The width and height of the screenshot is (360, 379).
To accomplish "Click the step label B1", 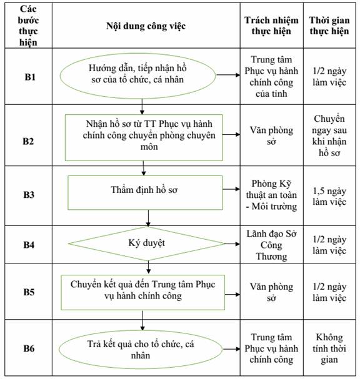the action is point(30,77).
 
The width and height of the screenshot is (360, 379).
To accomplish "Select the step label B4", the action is point(29,245).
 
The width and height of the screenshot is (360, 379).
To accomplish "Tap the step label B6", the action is point(29,348).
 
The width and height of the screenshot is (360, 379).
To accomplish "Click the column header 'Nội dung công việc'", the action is point(146,26).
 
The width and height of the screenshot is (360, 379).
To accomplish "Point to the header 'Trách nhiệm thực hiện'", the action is point(271,26).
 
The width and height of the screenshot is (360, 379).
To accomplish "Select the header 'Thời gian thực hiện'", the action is point(329,26).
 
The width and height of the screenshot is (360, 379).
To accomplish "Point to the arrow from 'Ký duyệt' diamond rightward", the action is point(232,244).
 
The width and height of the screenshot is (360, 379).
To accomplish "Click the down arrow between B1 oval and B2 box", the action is point(142,107).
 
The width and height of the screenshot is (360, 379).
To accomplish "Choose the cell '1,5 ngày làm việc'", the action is point(329,196).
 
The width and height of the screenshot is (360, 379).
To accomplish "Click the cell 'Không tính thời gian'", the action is point(329,348).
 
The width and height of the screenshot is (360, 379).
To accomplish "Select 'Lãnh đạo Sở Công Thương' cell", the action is point(271,245).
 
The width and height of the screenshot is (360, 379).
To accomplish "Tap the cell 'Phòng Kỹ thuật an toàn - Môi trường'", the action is point(271,195).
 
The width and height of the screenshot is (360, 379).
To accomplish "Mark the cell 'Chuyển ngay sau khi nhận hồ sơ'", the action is point(329,135).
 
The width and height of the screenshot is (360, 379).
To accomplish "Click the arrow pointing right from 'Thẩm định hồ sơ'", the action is point(231,189).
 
